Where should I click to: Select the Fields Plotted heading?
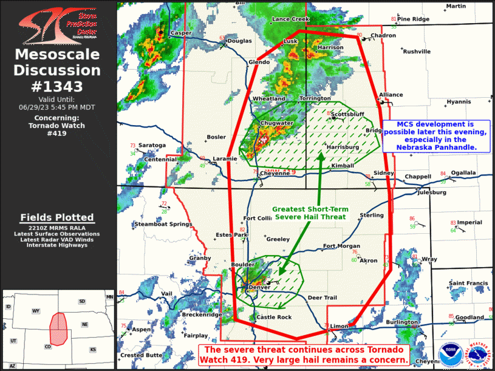(57, 217)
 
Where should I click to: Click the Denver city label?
(259, 287)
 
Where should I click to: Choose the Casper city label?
(181, 33)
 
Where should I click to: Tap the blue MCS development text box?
(437, 135)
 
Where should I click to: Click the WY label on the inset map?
(36, 311)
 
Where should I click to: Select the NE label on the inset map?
(84, 325)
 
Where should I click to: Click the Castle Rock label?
(274, 317)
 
